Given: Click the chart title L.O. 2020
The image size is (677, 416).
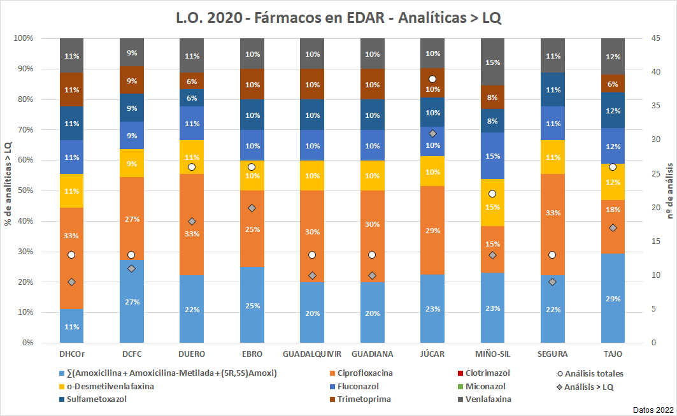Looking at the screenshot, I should pos(338,17).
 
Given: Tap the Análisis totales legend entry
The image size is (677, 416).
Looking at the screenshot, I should pos(594,373).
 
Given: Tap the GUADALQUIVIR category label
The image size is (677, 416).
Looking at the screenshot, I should pos(311,354).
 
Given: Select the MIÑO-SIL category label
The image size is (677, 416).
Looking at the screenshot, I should pos(492,354).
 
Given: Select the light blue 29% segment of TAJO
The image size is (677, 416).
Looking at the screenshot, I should pos(612,298).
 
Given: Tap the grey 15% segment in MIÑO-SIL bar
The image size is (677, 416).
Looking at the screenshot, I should pos(492,62).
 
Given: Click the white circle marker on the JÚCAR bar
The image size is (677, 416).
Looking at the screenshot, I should pos(432,79).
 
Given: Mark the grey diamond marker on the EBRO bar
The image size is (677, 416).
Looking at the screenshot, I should pos(252,208).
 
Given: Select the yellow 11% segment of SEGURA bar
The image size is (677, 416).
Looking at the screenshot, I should pos(552,157).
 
